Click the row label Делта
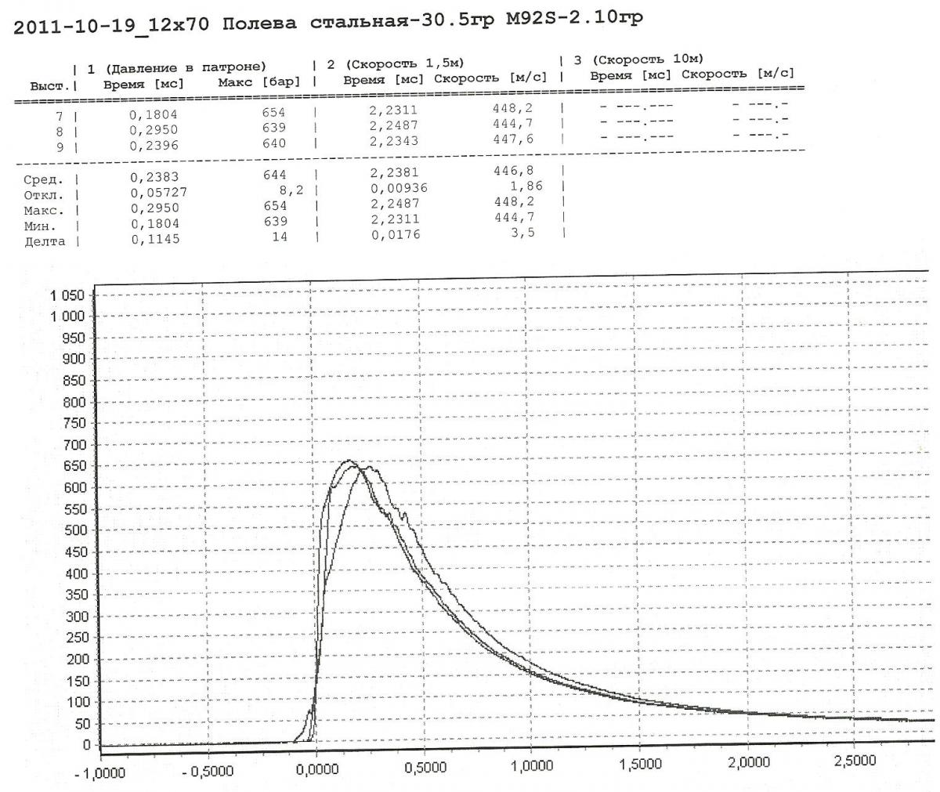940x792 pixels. [45, 241]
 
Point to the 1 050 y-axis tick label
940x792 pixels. [67, 296]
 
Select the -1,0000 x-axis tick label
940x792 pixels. [100, 773]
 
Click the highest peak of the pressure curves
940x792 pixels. [349, 461]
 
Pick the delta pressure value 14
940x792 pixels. [279, 237]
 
